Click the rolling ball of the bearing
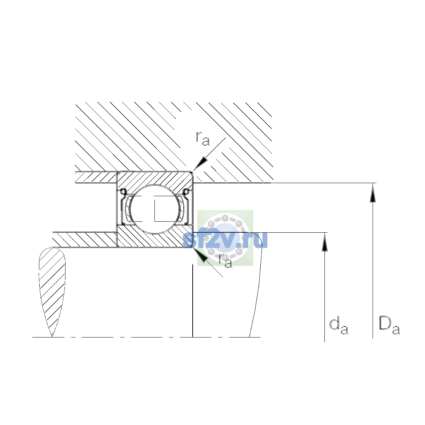155,209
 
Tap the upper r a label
203,139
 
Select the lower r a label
225,260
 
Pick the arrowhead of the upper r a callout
200,164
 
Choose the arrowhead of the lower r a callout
200,254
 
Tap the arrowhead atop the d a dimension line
324,242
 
